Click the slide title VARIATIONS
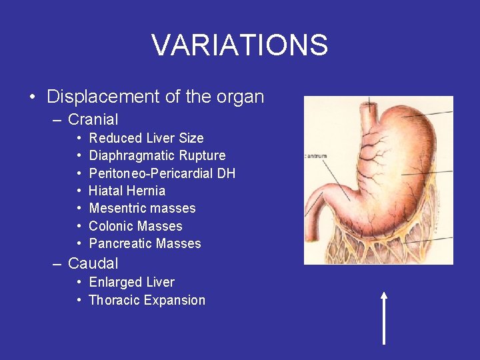[240, 45]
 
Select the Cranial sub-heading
[93, 120]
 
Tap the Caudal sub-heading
[93, 263]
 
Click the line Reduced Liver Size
[146, 138]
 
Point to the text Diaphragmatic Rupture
[157, 155]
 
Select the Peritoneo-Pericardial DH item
[162, 173]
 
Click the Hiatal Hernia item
[127, 191]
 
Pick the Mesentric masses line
[142, 208]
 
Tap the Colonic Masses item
[135, 226]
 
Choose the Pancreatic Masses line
[145, 243]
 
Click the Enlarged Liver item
[131, 282]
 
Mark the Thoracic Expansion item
[147, 300]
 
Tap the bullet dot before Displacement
[33, 97]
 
